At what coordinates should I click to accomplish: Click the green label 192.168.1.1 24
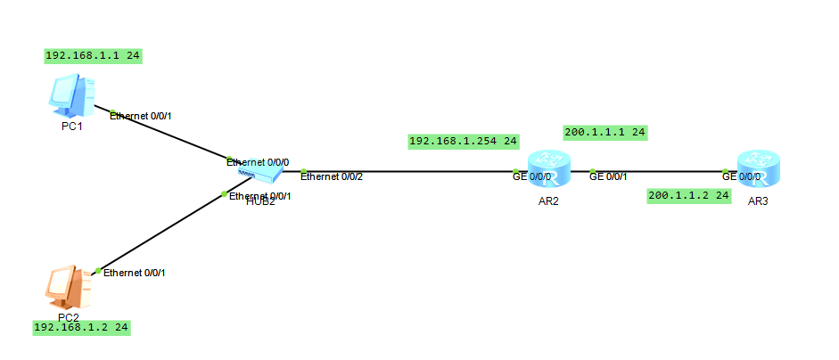[x=94, y=55]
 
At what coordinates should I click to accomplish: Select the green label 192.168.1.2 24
[x=82, y=328]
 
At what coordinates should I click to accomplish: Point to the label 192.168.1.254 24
[x=463, y=141]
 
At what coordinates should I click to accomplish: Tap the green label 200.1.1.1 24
[x=605, y=133]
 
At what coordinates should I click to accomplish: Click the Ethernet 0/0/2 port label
[x=332, y=176]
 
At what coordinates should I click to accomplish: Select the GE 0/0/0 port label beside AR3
[x=741, y=176]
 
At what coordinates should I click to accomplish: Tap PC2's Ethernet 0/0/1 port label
[x=134, y=273]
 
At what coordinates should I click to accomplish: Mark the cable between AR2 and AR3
[x=660, y=171]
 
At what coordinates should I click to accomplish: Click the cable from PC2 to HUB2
[x=160, y=231]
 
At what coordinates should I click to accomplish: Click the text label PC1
[x=71, y=127]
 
